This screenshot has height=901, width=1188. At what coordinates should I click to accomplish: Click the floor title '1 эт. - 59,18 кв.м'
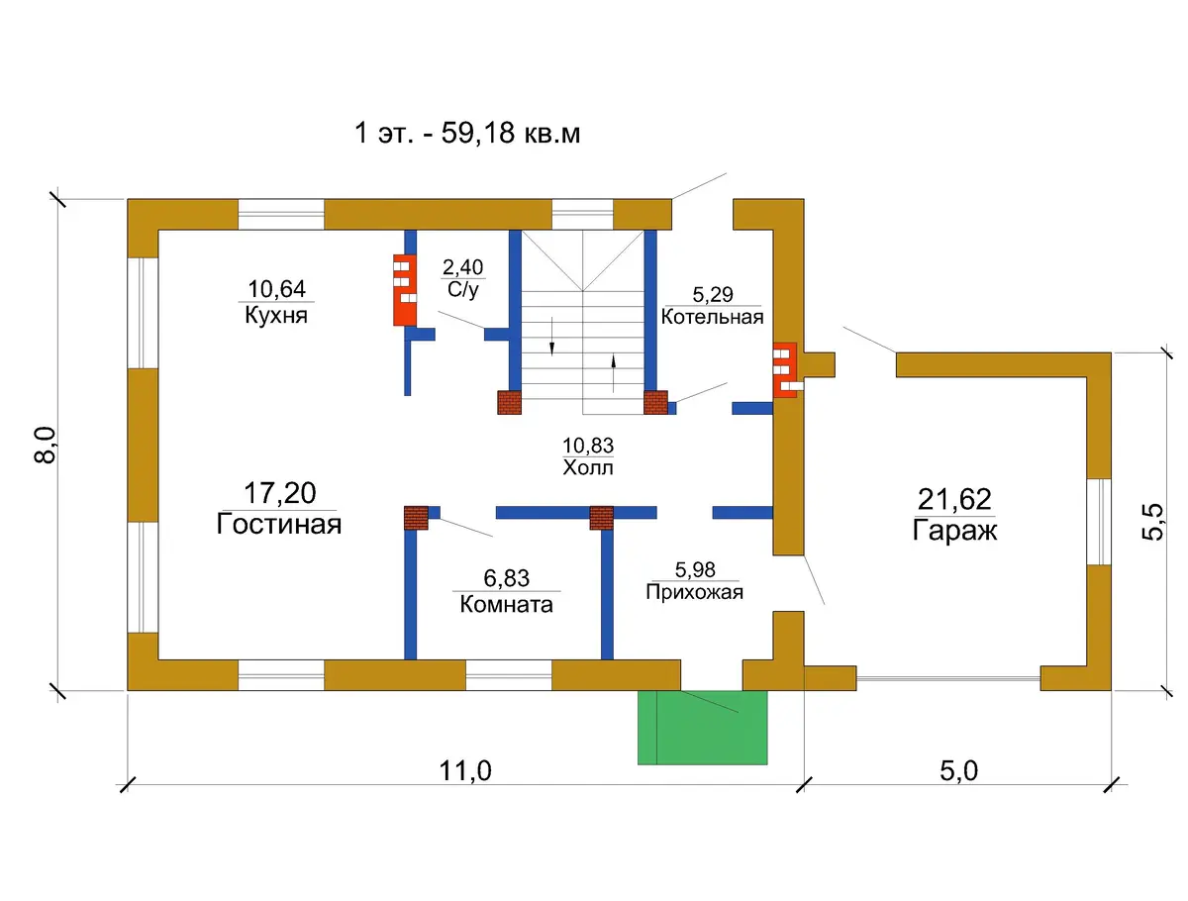(466, 132)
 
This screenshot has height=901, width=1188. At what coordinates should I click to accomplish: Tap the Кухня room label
(276, 314)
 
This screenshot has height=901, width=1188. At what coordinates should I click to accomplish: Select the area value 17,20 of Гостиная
(280, 492)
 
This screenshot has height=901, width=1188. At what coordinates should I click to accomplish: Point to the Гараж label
(954, 531)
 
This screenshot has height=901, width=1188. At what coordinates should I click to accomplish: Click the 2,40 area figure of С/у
(462, 266)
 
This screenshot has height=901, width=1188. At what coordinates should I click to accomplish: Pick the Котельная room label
(712, 317)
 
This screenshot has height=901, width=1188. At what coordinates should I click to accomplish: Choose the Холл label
(588, 467)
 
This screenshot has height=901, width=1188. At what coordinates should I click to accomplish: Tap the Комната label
(506, 604)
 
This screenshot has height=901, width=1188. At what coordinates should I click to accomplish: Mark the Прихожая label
(694, 592)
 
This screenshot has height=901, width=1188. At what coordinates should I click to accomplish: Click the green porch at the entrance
(702, 728)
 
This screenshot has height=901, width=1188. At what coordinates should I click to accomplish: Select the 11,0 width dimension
(465, 770)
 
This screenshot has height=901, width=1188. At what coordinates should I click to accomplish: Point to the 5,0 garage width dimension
(958, 770)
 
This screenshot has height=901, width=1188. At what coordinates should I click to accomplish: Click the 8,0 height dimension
(45, 445)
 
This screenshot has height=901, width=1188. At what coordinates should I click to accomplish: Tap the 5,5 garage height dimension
(1151, 522)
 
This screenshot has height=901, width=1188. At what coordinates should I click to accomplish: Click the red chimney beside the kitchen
(405, 290)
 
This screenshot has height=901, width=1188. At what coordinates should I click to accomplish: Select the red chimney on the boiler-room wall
(786, 370)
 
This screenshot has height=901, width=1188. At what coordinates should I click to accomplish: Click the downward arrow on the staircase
(551, 336)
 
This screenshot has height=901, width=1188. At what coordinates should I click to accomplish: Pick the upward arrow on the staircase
(613, 373)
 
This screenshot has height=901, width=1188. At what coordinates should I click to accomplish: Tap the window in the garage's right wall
(1099, 522)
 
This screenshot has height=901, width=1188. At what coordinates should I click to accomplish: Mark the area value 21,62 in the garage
(954, 499)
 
